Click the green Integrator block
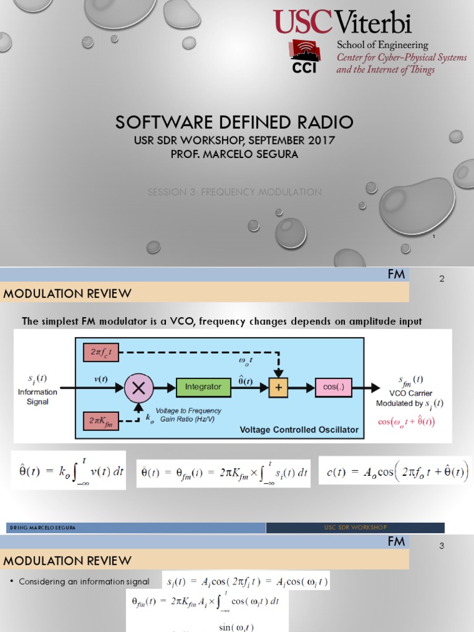203,387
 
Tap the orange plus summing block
278,387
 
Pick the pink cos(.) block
333,387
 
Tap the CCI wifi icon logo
304,57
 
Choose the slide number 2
441,279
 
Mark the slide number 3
441,546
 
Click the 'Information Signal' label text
38,396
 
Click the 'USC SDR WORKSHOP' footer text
355,528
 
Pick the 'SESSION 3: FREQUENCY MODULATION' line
235,192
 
